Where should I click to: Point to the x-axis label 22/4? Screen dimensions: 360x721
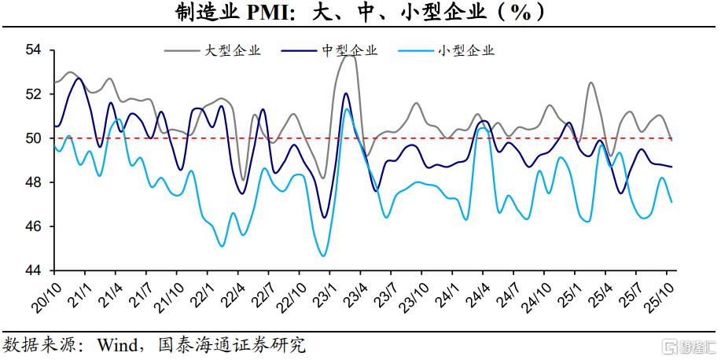pos(234,293)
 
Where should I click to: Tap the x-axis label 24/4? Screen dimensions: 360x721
pos(481,293)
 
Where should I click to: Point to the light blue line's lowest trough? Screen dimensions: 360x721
pos(322,255)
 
